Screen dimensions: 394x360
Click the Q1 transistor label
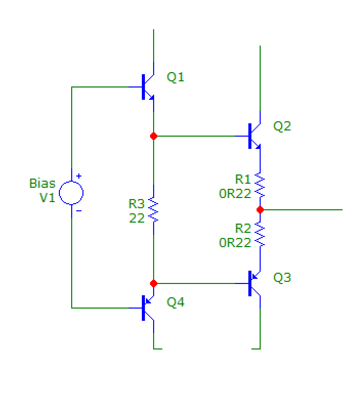click(x=175, y=77)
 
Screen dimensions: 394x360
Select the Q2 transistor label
click(x=282, y=126)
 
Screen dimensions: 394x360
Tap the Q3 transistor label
click(x=282, y=277)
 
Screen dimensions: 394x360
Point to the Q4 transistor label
click(x=175, y=302)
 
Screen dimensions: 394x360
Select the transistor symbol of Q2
click(x=254, y=136)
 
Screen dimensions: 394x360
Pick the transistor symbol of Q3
click(x=254, y=283)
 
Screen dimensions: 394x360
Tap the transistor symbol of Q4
click(x=147, y=308)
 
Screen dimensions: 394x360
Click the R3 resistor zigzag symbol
click(x=154, y=210)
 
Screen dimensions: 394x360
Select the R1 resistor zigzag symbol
click(x=260, y=185)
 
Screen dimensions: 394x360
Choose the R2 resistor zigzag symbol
click(x=260, y=234)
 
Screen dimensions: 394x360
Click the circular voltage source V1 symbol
click(x=71, y=193)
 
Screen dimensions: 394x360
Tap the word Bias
click(x=42, y=183)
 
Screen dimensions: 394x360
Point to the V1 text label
click(x=48, y=198)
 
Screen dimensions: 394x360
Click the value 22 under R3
click(x=137, y=217)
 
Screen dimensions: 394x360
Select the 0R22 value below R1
click(x=235, y=193)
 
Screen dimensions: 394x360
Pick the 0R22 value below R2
click(x=235, y=243)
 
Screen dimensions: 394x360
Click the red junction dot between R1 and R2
click(x=260, y=210)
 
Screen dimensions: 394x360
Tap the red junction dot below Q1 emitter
click(x=154, y=136)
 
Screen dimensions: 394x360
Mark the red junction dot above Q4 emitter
click(x=154, y=283)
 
